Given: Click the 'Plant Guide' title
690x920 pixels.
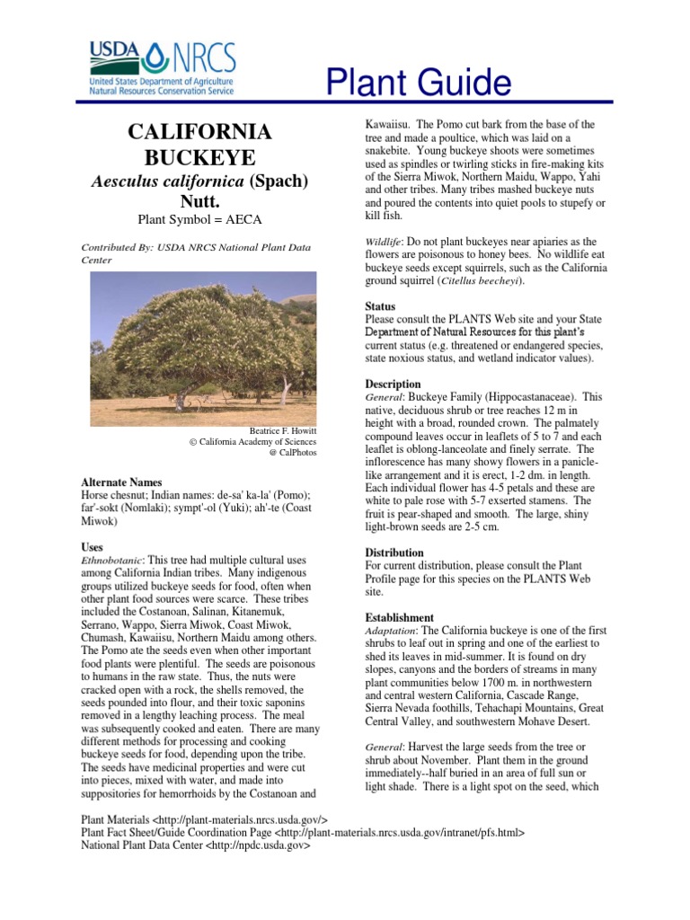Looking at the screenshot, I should (419, 84).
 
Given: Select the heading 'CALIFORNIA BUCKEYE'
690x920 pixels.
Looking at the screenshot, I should (199, 146).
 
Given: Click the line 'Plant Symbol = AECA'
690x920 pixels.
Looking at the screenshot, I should (199, 219).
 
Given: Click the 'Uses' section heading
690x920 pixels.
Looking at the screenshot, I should (92, 546).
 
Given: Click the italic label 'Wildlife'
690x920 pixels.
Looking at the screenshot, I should (383, 243).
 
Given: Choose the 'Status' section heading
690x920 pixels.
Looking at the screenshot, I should (380, 306).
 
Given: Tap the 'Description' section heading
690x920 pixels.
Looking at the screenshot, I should (393, 384).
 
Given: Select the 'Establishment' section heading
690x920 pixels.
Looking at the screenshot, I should (399, 618).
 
